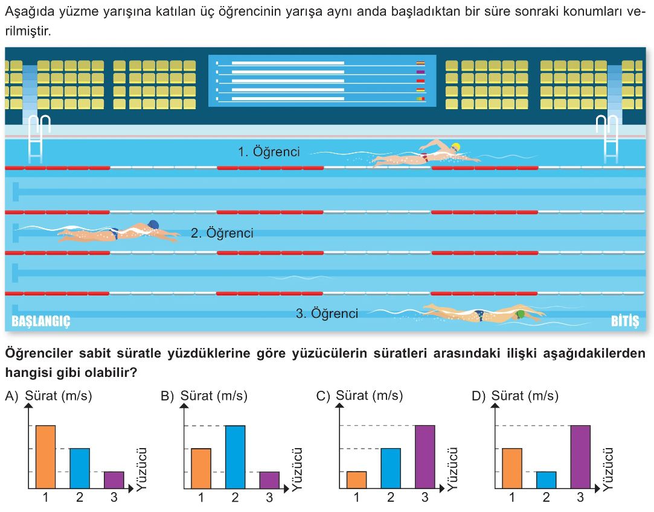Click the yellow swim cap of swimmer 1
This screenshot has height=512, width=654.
point(455,147)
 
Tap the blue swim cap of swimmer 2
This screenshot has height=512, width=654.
point(153,225)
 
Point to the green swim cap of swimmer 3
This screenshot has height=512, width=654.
point(521,314)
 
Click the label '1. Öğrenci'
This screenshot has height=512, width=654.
point(269,152)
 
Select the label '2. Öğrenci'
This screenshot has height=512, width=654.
point(222,233)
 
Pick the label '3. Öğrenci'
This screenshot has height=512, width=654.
point(327,314)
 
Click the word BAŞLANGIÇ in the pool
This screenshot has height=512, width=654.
point(41,321)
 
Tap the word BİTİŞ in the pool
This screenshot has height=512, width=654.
point(624,321)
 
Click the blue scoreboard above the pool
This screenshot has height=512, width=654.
point(322,81)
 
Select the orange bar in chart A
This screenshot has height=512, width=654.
point(45,457)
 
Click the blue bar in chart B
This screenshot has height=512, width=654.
point(235,457)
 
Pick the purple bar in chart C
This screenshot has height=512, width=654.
point(425,457)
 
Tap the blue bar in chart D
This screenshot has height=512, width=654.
point(546,479)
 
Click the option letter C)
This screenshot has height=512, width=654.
point(323,396)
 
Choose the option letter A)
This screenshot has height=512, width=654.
point(11,396)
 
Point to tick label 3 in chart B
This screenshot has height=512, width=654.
point(269,498)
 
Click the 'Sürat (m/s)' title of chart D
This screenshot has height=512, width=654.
point(525,396)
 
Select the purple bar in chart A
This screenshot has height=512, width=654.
point(114,479)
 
